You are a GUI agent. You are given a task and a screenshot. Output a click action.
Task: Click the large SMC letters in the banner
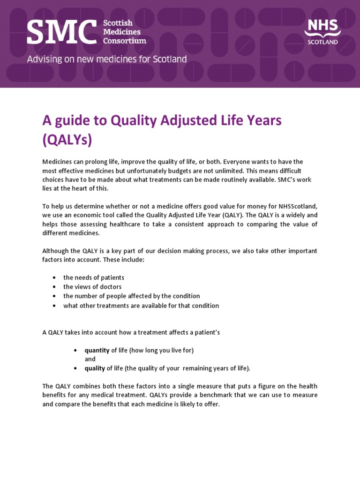coord(62,32)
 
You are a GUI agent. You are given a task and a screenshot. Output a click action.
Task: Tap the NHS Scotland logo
coord(322,31)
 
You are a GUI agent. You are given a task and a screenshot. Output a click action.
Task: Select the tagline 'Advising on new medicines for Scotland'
coord(107,60)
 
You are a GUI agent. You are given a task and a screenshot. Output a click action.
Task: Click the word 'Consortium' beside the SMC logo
coord(125,41)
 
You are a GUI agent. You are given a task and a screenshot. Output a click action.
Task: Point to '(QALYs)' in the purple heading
coord(67,140)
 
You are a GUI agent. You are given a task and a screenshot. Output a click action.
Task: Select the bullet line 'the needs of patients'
coord(94,277)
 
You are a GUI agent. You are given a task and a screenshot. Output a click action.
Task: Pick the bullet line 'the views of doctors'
coord(92,287)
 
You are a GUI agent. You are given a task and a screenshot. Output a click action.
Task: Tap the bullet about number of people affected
coord(131,296)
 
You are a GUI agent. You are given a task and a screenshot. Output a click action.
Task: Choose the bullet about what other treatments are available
coord(141,306)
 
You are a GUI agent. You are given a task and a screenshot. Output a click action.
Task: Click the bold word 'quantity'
coord(97,350)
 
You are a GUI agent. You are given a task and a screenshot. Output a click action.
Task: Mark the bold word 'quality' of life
coord(95,368)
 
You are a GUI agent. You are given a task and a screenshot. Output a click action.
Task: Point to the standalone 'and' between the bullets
coord(90,359)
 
